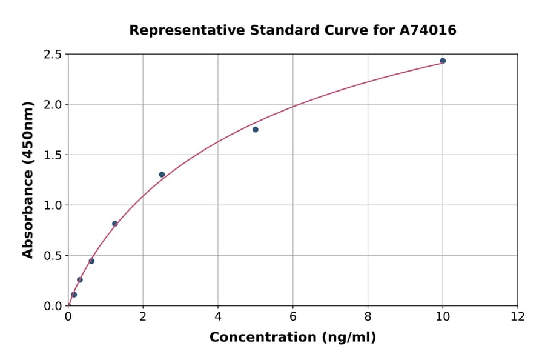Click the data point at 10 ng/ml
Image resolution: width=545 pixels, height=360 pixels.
coord(443,61)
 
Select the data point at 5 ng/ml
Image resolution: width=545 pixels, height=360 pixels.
coord(256,129)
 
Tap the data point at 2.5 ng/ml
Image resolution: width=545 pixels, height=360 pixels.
coord(162,175)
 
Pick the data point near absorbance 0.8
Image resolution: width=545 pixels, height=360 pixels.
coord(115,224)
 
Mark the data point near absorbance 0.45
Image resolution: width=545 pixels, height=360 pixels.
coord(91,261)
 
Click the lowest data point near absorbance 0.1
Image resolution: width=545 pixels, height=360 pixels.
coord(74,295)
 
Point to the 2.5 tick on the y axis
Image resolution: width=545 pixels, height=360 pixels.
coord(53,55)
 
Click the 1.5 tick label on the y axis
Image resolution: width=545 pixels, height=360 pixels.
coord(53,155)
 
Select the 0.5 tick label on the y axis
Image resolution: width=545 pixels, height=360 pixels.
coord(53,256)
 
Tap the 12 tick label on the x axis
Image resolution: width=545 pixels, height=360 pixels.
coord(518,317)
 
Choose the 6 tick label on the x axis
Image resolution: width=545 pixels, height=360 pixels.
coord(292,317)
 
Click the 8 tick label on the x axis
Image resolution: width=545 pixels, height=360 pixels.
coord(368,317)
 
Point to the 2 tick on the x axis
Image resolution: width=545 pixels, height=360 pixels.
coord(143,317)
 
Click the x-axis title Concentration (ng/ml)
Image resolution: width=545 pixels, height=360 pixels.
coord(292,338)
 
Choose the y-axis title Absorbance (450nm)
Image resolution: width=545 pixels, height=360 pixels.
coord(28,180)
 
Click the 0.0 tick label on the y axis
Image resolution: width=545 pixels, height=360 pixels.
coord(53,306)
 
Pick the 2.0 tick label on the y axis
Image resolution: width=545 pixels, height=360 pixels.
coord(53,105)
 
